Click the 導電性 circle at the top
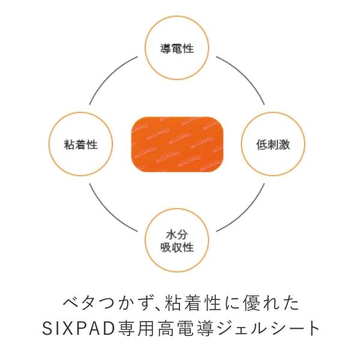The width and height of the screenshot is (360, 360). click(x=177, y=49)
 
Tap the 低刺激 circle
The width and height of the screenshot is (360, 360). click(x=274, y=145)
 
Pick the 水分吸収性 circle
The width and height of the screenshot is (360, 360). click(x=177, y=241)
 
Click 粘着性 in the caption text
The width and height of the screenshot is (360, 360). click(x=181, y=302)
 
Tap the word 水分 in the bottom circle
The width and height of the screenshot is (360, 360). click(x=177, y=234)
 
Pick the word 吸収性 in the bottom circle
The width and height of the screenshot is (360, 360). click(x=177, y=247)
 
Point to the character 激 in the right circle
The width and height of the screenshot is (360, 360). click(x=285, y=145)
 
